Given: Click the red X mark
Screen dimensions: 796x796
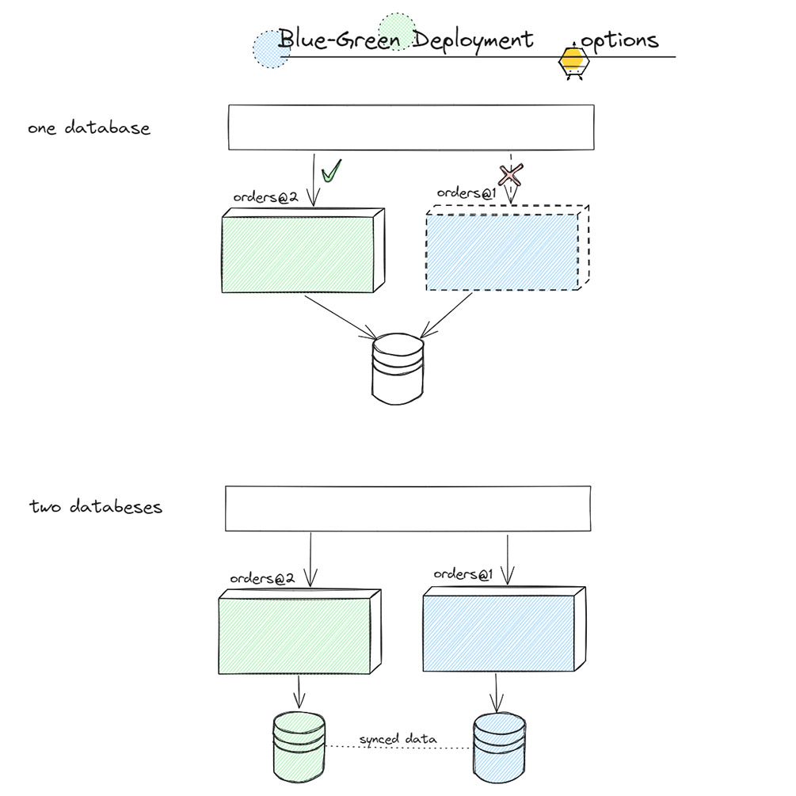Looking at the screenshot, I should pos(511,174).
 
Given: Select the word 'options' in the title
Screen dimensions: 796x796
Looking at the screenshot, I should pos(619,40).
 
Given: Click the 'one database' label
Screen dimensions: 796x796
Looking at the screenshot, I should pos(89,128).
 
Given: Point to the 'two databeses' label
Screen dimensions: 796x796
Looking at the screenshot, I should pos(95,507).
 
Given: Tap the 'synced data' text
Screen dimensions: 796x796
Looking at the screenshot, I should pos(398,740).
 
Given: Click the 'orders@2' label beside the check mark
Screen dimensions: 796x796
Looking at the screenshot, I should pos(265,197).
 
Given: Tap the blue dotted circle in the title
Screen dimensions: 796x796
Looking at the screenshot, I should pos(271,48).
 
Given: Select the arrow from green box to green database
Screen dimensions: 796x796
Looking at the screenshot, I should pos(299,691).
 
